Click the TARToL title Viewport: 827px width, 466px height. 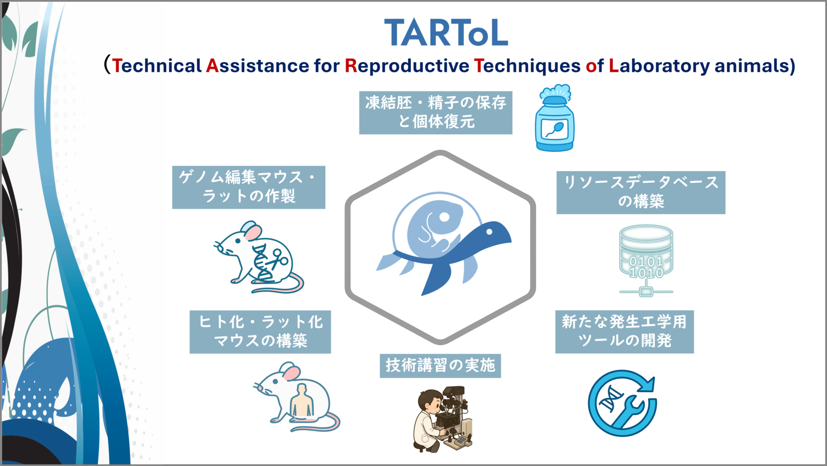click(x=446, y=33)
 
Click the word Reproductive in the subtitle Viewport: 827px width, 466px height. click(x=407, y=66)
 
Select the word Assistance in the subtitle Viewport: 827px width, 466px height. click(x=258, y=66)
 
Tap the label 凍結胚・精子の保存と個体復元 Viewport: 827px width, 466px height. click(x=435, y=112)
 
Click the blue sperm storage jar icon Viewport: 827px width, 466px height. click(x=555, y=124)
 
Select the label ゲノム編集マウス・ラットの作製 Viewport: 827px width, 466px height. click(x=249, y=187)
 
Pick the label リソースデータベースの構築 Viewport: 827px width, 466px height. click(x=640, y=192)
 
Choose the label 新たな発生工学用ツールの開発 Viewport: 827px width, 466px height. click(x=624, y=331)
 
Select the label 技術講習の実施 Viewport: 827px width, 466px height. click(x=440, y=365)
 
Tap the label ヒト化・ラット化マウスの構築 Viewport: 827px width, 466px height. click(x=260, y=331)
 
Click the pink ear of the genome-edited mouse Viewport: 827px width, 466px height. click(x=253, y=232)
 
